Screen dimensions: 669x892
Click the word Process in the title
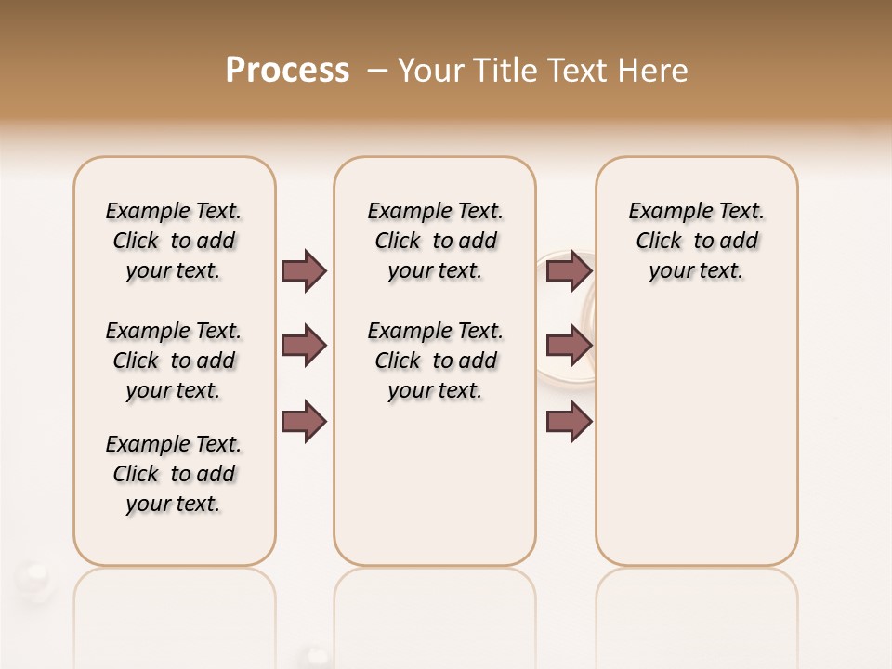click(x=287, y=71)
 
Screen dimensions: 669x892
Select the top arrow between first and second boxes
click(x=304, y=270)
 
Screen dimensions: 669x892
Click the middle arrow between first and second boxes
click(x=304, y=346)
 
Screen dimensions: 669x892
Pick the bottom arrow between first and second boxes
click(x=304, y=421)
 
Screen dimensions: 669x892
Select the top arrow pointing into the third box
click(x=569, y=270)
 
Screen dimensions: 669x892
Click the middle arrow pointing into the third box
click(x=569, y=346)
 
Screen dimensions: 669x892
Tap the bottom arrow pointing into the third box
click(x=569, y=421)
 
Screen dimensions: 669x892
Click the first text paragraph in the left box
click(x=174, y=241)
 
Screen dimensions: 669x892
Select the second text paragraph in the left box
click(x=174, y=361)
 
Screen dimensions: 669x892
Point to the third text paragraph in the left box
click(x=174, y=474)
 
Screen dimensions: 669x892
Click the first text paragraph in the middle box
click(x=435, y=241)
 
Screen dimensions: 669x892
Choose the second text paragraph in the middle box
click(x=435, y=361)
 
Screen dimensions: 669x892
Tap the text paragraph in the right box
click(x=696, y=241)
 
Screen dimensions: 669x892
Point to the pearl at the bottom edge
click(x=318, y=657)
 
